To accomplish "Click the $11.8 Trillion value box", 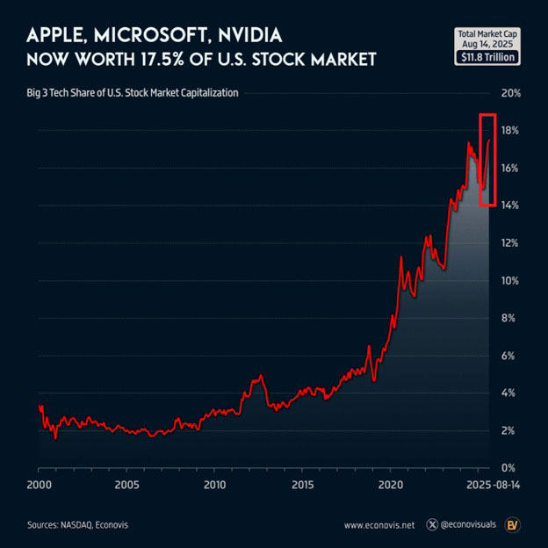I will [487, 57].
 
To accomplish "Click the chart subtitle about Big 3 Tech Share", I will [138, 92].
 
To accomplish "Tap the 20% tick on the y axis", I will [510, 93].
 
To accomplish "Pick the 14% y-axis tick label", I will [510, 205].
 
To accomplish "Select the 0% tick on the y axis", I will [510, 467].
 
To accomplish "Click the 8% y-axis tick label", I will [510, 318].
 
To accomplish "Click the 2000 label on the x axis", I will [39, 485].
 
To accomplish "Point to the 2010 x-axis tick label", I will [215, 485].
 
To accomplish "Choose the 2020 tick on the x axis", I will [391, 485].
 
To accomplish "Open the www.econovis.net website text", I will [379, 524].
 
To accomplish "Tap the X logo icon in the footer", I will [431, 524].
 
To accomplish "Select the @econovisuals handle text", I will [471, 524].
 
